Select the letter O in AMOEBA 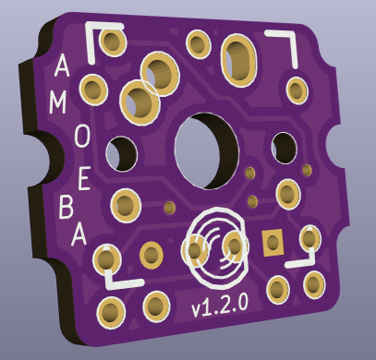click(x=81, y=139)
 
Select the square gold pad click(x=273, y=242)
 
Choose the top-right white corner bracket click(x=285, y=42)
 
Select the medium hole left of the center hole click(x=121, y=150)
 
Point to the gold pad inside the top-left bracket click(x=113, y=43)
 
